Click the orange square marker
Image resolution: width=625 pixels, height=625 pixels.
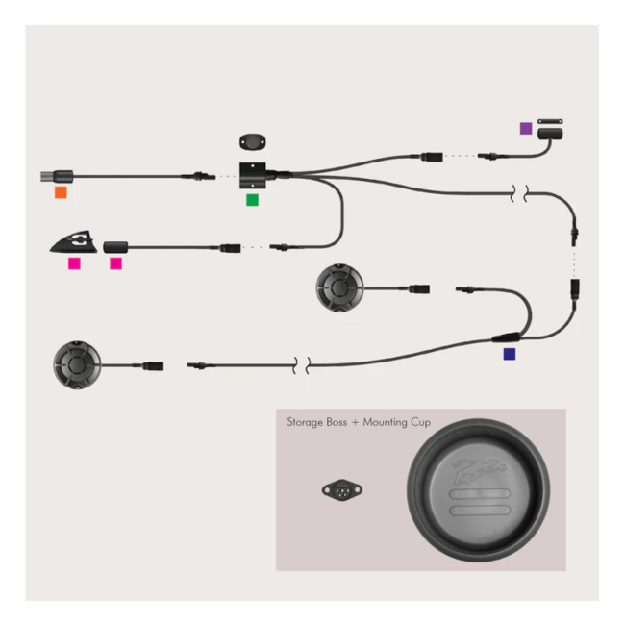61,192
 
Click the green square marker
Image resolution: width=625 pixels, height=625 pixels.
252,200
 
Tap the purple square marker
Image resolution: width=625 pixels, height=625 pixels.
526,128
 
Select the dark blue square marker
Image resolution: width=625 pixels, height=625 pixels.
510,354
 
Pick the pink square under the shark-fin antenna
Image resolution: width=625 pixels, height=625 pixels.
74,263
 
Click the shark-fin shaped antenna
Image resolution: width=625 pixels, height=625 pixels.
74,241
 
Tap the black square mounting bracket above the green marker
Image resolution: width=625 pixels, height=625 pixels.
252,175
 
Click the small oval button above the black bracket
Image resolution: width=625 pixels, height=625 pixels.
253,142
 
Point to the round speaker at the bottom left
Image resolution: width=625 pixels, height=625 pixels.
77,364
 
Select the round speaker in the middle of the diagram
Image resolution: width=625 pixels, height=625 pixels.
339,287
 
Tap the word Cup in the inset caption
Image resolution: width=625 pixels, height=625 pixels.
420,422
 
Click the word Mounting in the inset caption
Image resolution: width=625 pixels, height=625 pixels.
385,422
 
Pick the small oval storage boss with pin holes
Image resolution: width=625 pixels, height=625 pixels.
342,489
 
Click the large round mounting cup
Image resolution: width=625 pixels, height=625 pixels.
478,490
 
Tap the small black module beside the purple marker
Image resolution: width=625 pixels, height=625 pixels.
550,134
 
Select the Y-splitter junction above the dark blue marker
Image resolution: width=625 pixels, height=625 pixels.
506,337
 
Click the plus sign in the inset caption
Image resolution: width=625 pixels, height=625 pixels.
355,423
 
